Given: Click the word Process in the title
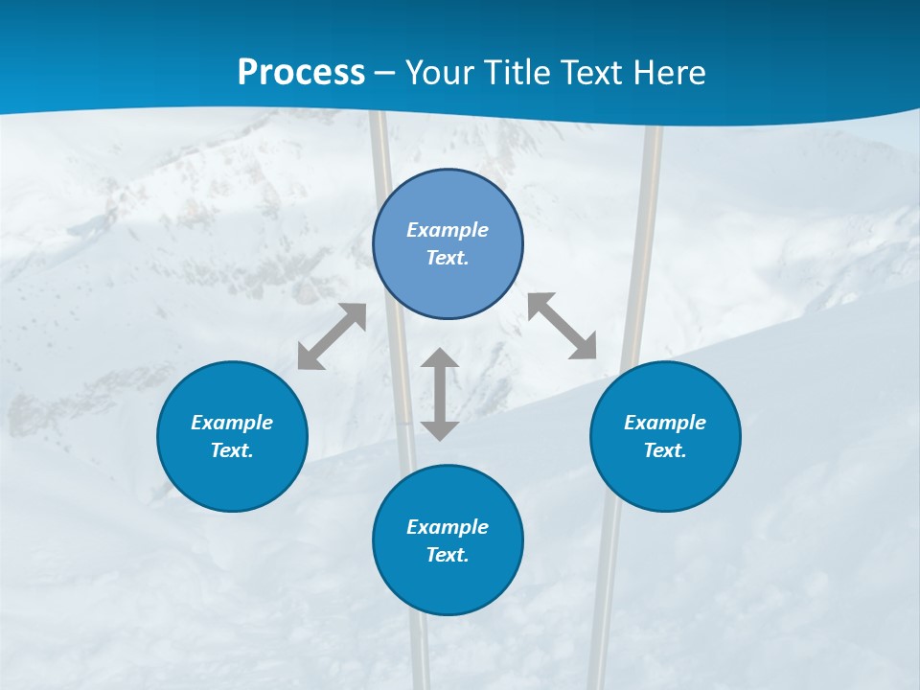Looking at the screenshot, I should (301, 73).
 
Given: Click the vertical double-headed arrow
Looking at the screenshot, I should (440, 394).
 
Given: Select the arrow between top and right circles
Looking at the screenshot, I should (563, 326).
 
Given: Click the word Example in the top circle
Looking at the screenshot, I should (448, 230).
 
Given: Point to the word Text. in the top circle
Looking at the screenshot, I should (448, 258).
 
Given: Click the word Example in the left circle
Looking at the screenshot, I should (232, 423).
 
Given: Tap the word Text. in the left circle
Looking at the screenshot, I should (232, 450).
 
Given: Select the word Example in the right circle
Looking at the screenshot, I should (665, 423).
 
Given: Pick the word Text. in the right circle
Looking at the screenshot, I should (665, 450).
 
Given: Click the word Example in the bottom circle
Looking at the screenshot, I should (448, 527).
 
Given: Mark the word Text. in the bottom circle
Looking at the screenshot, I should (448, 555).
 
